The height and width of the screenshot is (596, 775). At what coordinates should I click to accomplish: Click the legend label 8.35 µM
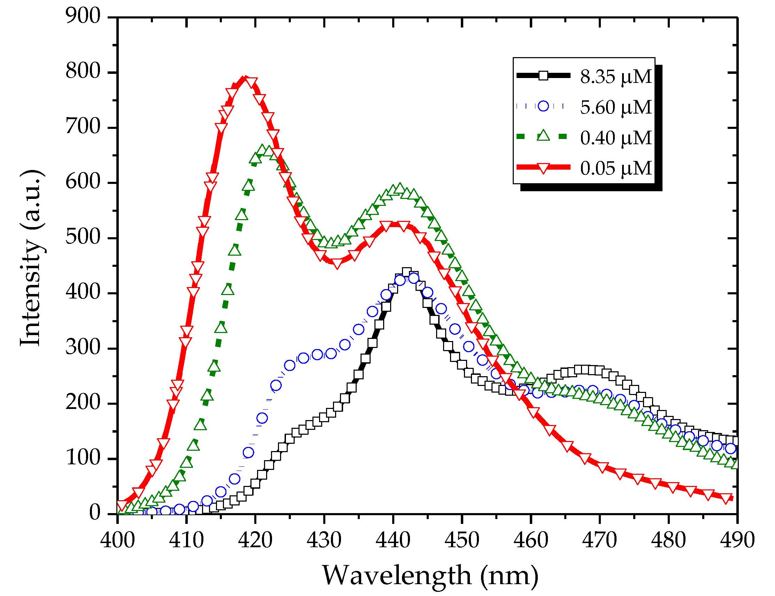pyautogui.click(x=615, y=77)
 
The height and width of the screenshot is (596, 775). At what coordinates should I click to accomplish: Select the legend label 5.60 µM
pyautogui.click(x=615, y=107)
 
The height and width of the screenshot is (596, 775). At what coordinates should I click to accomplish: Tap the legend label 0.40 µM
pyautogui.click(x=615, y=138)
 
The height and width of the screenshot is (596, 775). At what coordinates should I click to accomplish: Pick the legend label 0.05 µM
pyautogui.click(x=615, y=168)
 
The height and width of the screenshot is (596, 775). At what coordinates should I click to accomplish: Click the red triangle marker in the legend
pyautogui.click(x=543, y=168)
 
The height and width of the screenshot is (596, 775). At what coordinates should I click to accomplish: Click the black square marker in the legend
pyautogui.click(x=543, y=76)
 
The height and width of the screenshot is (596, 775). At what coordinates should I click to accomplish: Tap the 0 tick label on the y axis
pyautogui.click(x=95, y=513)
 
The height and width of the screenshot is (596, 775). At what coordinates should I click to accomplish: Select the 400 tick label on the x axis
pyautogui.click(x=117, y=541)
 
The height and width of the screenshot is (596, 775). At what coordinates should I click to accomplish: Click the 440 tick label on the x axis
pyautogui.click(x=393, y=541)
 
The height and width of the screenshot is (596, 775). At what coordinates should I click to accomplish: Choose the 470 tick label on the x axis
pyautogui.click(x=599, y=541)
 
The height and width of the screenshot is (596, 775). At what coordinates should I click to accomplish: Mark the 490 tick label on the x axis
pyautogui.click(x=737, y=541)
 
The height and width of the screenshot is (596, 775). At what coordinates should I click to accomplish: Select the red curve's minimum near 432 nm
pyautogui.click(x=336, y=263)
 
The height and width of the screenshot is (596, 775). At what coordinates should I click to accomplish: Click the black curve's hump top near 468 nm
pyautogui.click(x=585, y=370)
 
